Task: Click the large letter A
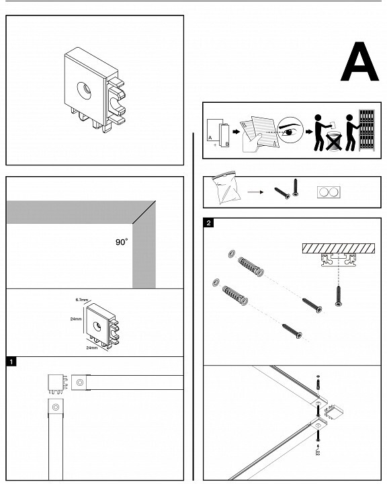click(359, 62)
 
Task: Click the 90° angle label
click(122, 242)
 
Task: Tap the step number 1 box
click(11, 362)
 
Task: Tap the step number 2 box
click(208, 223)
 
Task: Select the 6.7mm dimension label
click(82, 300)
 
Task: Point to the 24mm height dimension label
click(76, 319)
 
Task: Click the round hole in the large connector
click(85, 91)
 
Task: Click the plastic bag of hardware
click(225, 189)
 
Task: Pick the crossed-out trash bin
click(334, 141)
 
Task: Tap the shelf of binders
click(367, 130)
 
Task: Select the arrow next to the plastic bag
click(255, 192)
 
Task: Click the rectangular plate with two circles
click(329, 192)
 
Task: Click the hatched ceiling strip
click(339, 248)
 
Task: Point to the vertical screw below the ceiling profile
click(339, 296)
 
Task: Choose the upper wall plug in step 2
click(251, 267)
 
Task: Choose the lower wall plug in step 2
click(235, 296)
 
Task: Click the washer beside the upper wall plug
click(231, 254)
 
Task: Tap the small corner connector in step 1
click(57, 384)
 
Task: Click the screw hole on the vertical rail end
click(56, 407)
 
